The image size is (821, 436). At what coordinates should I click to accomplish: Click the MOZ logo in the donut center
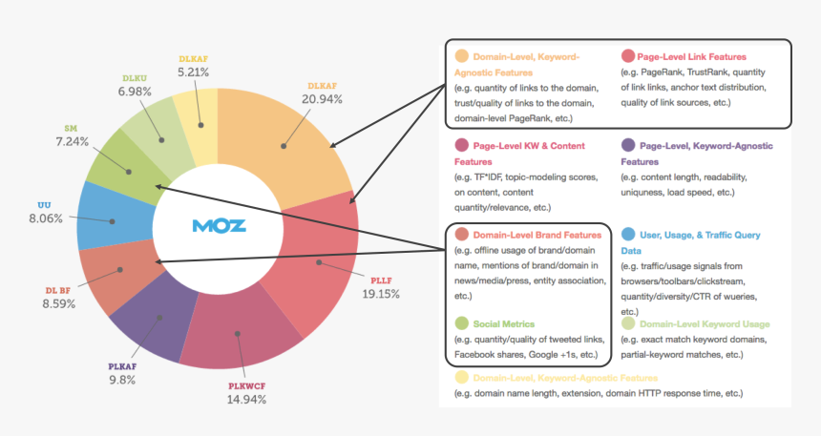pos(219,226)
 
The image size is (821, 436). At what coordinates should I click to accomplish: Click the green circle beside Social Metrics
pos(463,323)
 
